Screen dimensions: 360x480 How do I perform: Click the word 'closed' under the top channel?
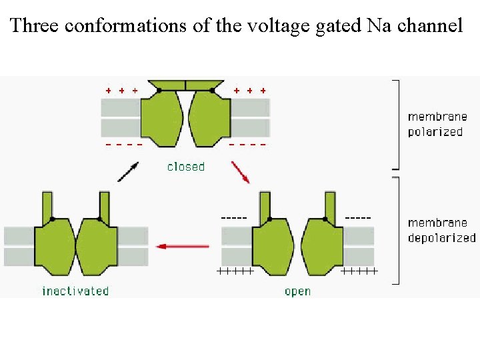185,167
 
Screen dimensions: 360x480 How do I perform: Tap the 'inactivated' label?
75,291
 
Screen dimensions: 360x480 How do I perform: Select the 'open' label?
297,291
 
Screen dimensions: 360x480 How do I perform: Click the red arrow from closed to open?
241,171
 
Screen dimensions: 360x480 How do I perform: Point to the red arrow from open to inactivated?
182,246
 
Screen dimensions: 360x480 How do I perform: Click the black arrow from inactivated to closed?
128,171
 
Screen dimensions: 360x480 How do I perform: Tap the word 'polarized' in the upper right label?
435,131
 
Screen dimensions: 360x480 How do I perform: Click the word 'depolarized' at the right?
442,237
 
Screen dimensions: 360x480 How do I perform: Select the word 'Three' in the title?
35,26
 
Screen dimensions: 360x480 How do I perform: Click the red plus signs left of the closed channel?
122,89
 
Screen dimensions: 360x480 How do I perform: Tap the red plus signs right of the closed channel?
250,89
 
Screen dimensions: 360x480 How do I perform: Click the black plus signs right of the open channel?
359,271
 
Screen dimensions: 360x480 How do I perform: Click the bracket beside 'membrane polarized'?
397,124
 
